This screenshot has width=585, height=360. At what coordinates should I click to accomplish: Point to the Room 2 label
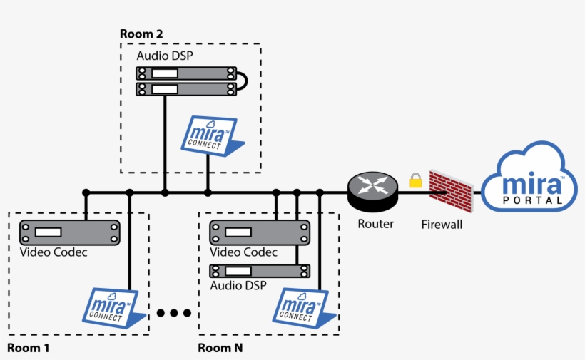[141, 34]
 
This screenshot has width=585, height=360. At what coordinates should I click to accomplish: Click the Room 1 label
[29, 348]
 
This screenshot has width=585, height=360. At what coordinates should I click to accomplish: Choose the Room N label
[220, 348]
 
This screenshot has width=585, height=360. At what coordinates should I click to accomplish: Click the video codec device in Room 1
[69, 232]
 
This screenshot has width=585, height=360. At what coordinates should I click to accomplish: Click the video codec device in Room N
[260, 232]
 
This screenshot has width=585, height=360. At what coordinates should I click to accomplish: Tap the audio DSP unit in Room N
[260, 271]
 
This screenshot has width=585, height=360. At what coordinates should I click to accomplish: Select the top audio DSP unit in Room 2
[185, 73]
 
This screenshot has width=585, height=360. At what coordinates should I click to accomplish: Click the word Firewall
[442, 225]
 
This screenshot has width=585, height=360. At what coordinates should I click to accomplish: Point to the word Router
[375, 224]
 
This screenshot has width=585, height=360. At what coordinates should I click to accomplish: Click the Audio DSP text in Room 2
[165, 56]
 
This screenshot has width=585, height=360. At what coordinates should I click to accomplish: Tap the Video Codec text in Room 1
[54, 252]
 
